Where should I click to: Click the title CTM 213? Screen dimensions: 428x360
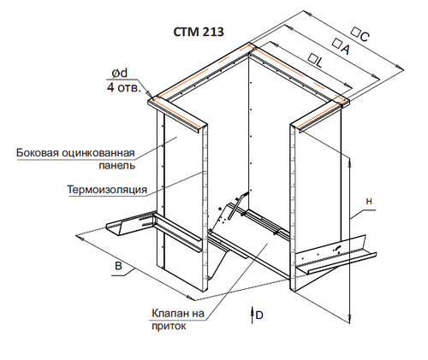tap(199, 32)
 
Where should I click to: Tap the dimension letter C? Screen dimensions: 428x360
tap(365, 37)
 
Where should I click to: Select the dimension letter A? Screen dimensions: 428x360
tap(345, 50)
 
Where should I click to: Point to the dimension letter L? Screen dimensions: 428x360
tap(319, 62)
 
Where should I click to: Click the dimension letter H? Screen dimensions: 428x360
tap(369, 202)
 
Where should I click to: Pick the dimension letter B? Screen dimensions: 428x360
tap(118, 266)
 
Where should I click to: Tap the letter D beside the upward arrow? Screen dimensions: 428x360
tap(259, 316)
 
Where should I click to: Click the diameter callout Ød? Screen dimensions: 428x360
tap(120, 74)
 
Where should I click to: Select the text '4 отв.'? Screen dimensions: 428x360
tap(124, 87)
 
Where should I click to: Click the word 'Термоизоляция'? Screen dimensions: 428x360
tap(107, 189)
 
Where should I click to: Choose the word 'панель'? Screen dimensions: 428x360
tap(117, 166)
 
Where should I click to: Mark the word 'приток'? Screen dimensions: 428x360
tap(169, 327)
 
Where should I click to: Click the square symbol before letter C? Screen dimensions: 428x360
tap(355, 32)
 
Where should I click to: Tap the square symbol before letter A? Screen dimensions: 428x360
tap(337, 44)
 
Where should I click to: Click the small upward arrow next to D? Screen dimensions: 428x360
tap(253, 315)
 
